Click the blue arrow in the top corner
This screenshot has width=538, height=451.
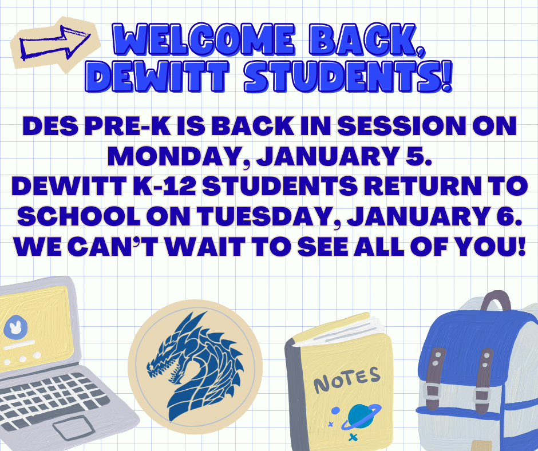55,42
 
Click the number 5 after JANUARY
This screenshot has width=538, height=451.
421,156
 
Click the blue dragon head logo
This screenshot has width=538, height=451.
195,361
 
